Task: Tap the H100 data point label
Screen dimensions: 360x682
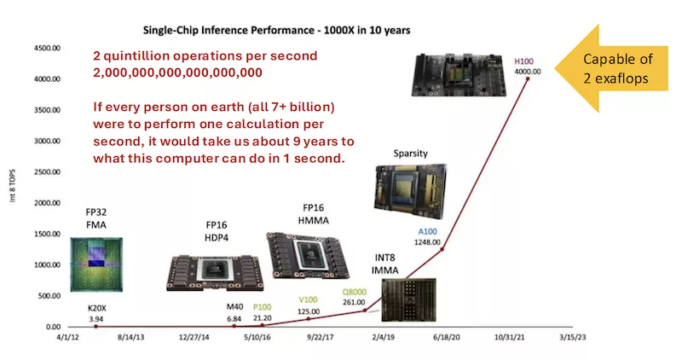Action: pos(524,61)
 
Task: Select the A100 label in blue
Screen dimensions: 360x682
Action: pos(427,231)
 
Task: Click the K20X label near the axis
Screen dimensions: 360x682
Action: pos(95,308)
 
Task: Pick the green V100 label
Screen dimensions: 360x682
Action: pos(309,299)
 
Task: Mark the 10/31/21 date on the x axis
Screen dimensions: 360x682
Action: pos(514,338)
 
